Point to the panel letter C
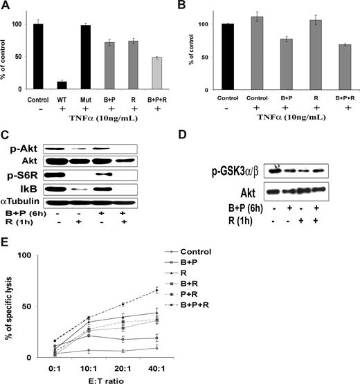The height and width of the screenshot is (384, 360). pyautogui.click(x=8, y=116)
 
